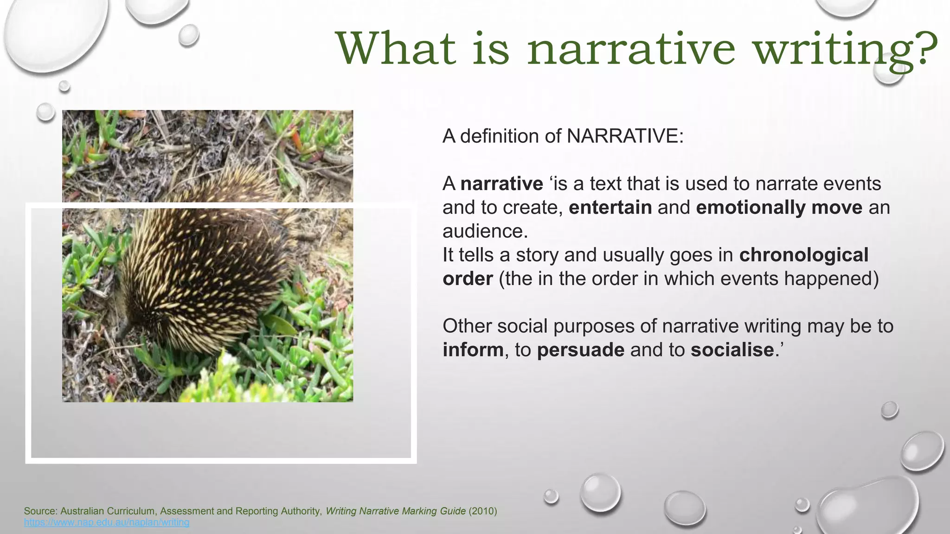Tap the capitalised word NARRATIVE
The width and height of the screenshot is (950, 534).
(x=624, y=136)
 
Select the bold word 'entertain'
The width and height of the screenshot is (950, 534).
(x=610, y=207)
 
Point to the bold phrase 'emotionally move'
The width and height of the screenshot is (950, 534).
(x=779, y=207)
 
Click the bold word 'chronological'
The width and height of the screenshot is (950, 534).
(x=803, y=255)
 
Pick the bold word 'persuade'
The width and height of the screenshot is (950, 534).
(x=580, y=350)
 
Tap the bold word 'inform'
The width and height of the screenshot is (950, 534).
(x=473, y=350)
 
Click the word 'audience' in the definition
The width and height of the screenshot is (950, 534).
(x=484, y=231)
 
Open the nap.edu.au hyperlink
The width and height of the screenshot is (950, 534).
(x=107, y=522)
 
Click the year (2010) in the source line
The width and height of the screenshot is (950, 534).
(x=482, y=511)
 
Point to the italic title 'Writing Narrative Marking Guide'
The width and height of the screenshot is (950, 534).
(x=395, y=511)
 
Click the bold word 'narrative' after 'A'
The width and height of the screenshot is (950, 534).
(x=501, y=184)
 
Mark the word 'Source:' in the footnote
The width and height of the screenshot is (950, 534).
(x=41, y=511)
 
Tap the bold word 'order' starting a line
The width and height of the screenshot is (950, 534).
(x=468, y=279)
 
